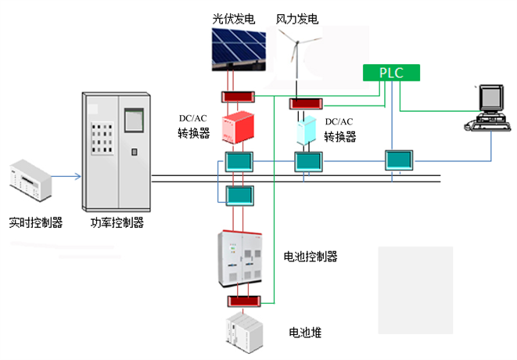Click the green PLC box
[x=390, y=72]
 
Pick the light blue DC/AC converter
[x=303, y=131]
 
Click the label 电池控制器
[x=311, y=256]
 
